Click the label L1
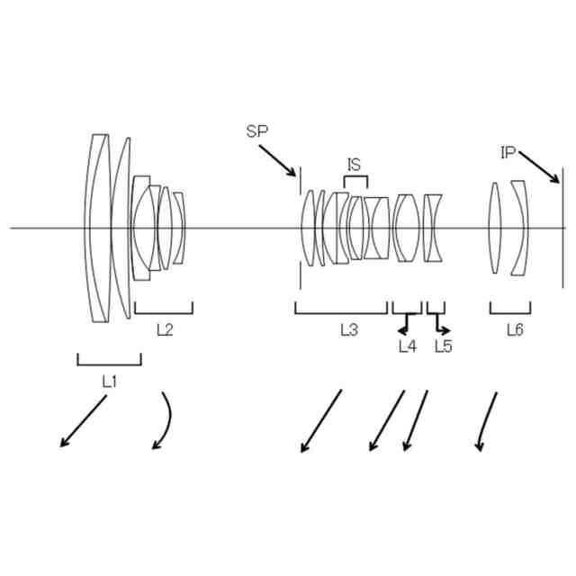(109, 381)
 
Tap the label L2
(165, 329)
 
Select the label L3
(349, 329)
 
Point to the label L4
(407, 346)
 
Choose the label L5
(443, 346)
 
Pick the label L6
(515, 329)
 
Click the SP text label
(257, 131)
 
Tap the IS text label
(355, 165)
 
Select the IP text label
(508, 153)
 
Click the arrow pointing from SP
(278, 159)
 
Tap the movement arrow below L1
(84, 421)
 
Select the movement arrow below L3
(321, 420)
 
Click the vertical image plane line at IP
(562, 229)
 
